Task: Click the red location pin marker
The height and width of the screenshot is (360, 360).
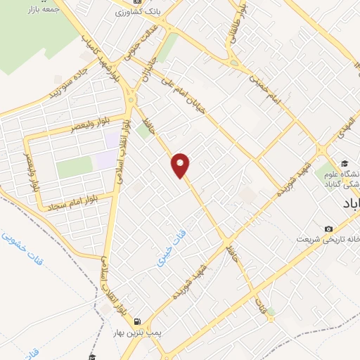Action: [181, 165]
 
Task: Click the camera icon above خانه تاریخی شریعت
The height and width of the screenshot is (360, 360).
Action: [328, 229]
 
